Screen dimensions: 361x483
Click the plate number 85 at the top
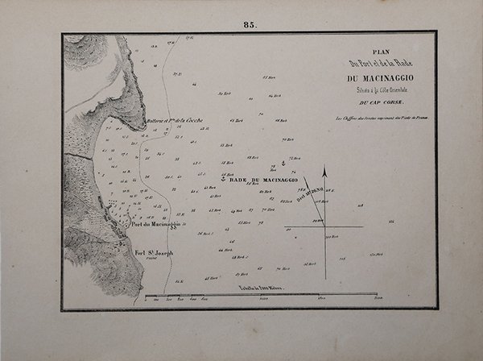click(x=249, y=25)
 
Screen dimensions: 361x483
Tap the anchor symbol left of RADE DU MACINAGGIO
click(x=225, y=179)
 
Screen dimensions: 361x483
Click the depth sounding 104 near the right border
click(x=392, y=219)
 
